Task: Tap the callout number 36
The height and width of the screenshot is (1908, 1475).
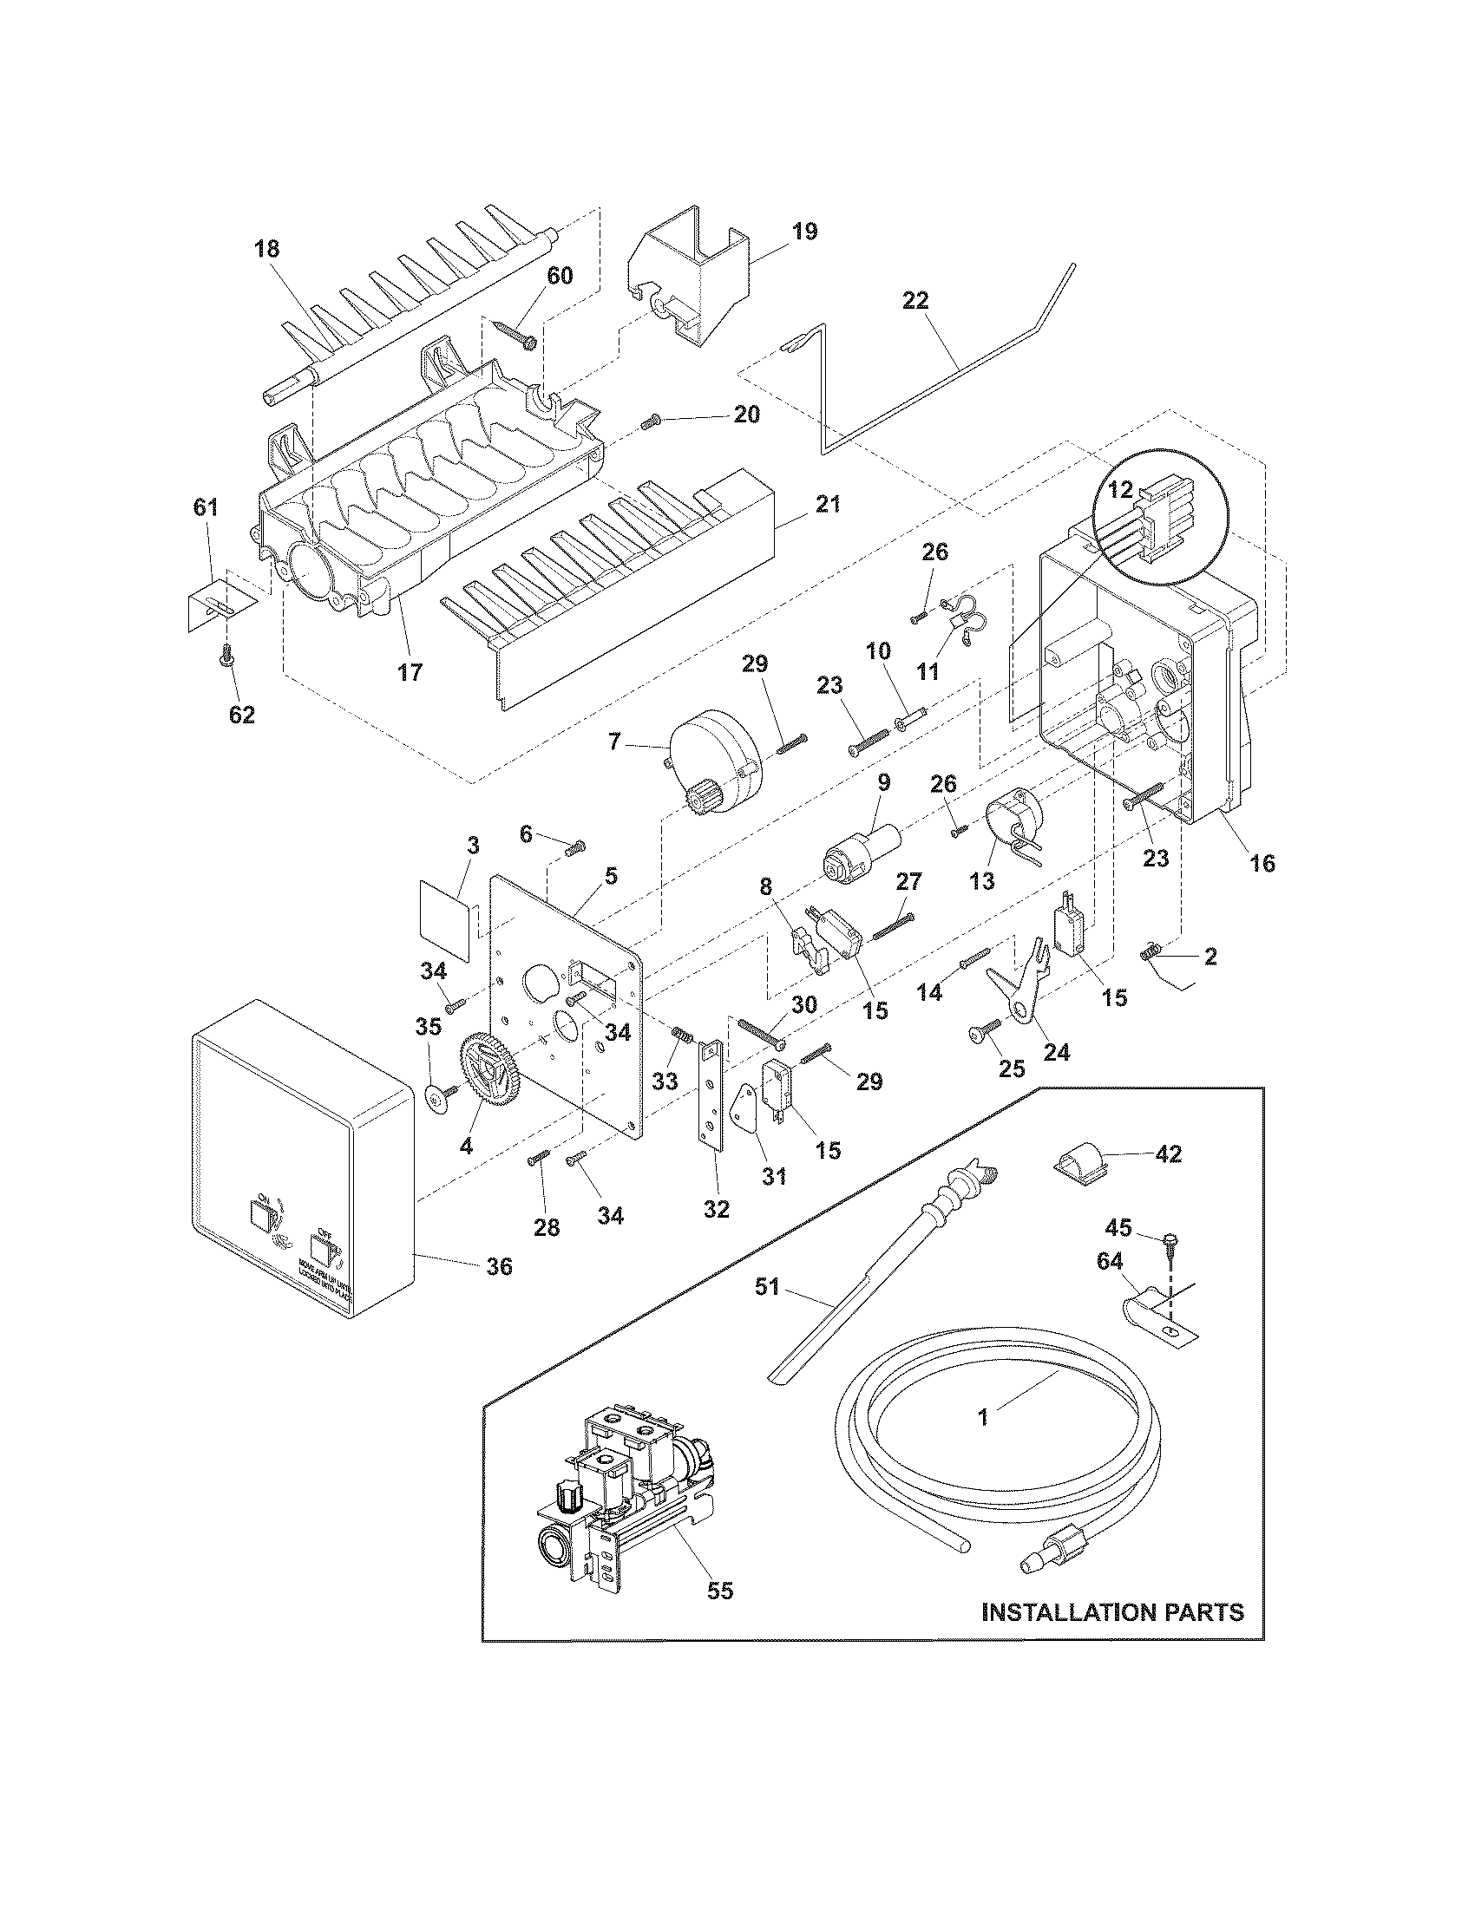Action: pos(499,1266)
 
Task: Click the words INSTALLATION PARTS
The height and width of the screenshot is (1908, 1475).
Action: pos(1112,1612)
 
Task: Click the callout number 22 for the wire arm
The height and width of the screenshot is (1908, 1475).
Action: pos(915,301)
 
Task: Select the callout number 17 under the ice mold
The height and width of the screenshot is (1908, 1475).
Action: pos(410,672)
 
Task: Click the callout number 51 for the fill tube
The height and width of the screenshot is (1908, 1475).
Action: pos(766,1289)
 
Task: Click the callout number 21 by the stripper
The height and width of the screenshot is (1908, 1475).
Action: pos(828,504)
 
